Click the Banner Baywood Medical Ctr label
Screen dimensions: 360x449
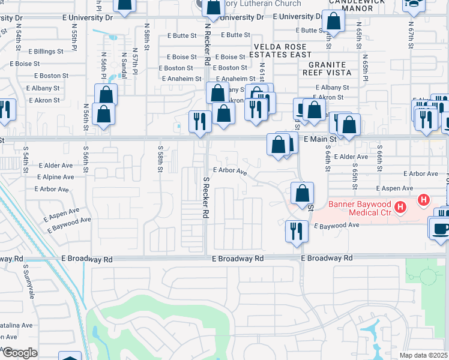point(358,208)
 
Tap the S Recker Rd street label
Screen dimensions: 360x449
point(206,197)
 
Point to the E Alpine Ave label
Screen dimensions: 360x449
point(55,178)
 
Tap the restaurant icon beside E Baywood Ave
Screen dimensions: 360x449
point(296,231)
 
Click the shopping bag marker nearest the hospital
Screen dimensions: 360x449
point(302,193)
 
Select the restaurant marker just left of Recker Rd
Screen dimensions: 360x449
point(200,121)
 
